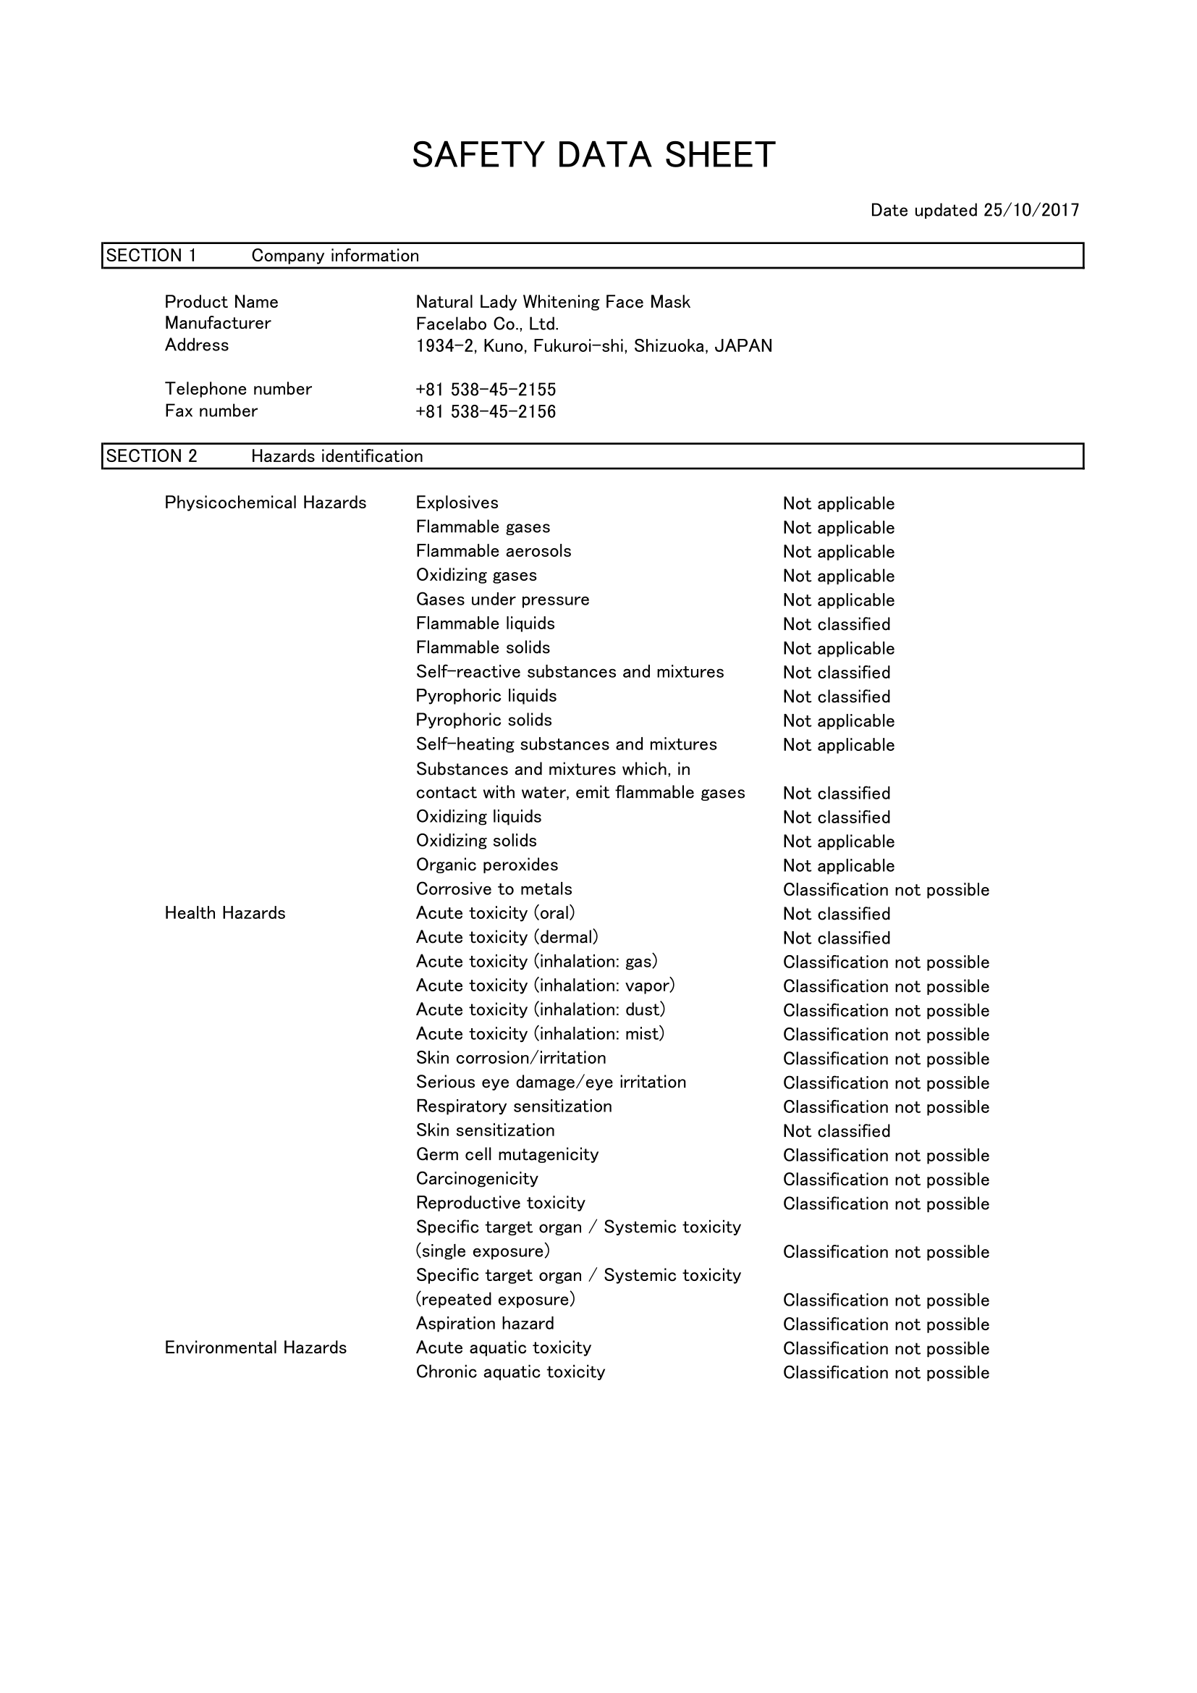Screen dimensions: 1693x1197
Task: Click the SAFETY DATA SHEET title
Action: (x=593, y=156)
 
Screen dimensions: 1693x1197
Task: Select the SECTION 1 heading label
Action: (x=151, y=256)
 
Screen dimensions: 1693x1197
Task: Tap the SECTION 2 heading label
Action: (x=152, y=456)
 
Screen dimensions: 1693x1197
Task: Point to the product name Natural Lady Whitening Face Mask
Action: (x=553, y=303)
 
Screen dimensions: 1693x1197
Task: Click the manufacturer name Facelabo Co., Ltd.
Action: (x=487, y=324)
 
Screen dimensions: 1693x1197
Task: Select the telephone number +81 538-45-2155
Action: (x=486, y=390)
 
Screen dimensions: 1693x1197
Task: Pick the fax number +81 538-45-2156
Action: (x=486, y=411)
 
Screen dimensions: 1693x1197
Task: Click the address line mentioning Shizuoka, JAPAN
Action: (x=594, y=346)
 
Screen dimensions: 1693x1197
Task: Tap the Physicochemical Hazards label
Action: (x=266, y=503)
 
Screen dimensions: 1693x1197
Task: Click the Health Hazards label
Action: (x=225, y=914)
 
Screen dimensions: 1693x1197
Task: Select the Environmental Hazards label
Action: (x=255, y=1348)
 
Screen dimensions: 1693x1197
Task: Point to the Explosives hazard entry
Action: (x=457, y=503)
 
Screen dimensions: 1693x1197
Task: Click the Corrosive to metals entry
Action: (x=494, y=889)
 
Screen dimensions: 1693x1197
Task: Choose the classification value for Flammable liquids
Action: (x=837, y=624)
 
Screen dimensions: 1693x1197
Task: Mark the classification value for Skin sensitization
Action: (x=837, y=1131)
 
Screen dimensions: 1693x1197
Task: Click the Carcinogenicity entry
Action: (x=477, y=1179)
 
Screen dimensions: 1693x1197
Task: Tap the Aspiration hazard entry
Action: (x=485, y=1324)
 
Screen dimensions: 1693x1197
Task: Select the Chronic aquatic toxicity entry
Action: (x=510, y=1372)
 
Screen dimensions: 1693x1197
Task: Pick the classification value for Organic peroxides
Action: (x=839, y=865)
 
